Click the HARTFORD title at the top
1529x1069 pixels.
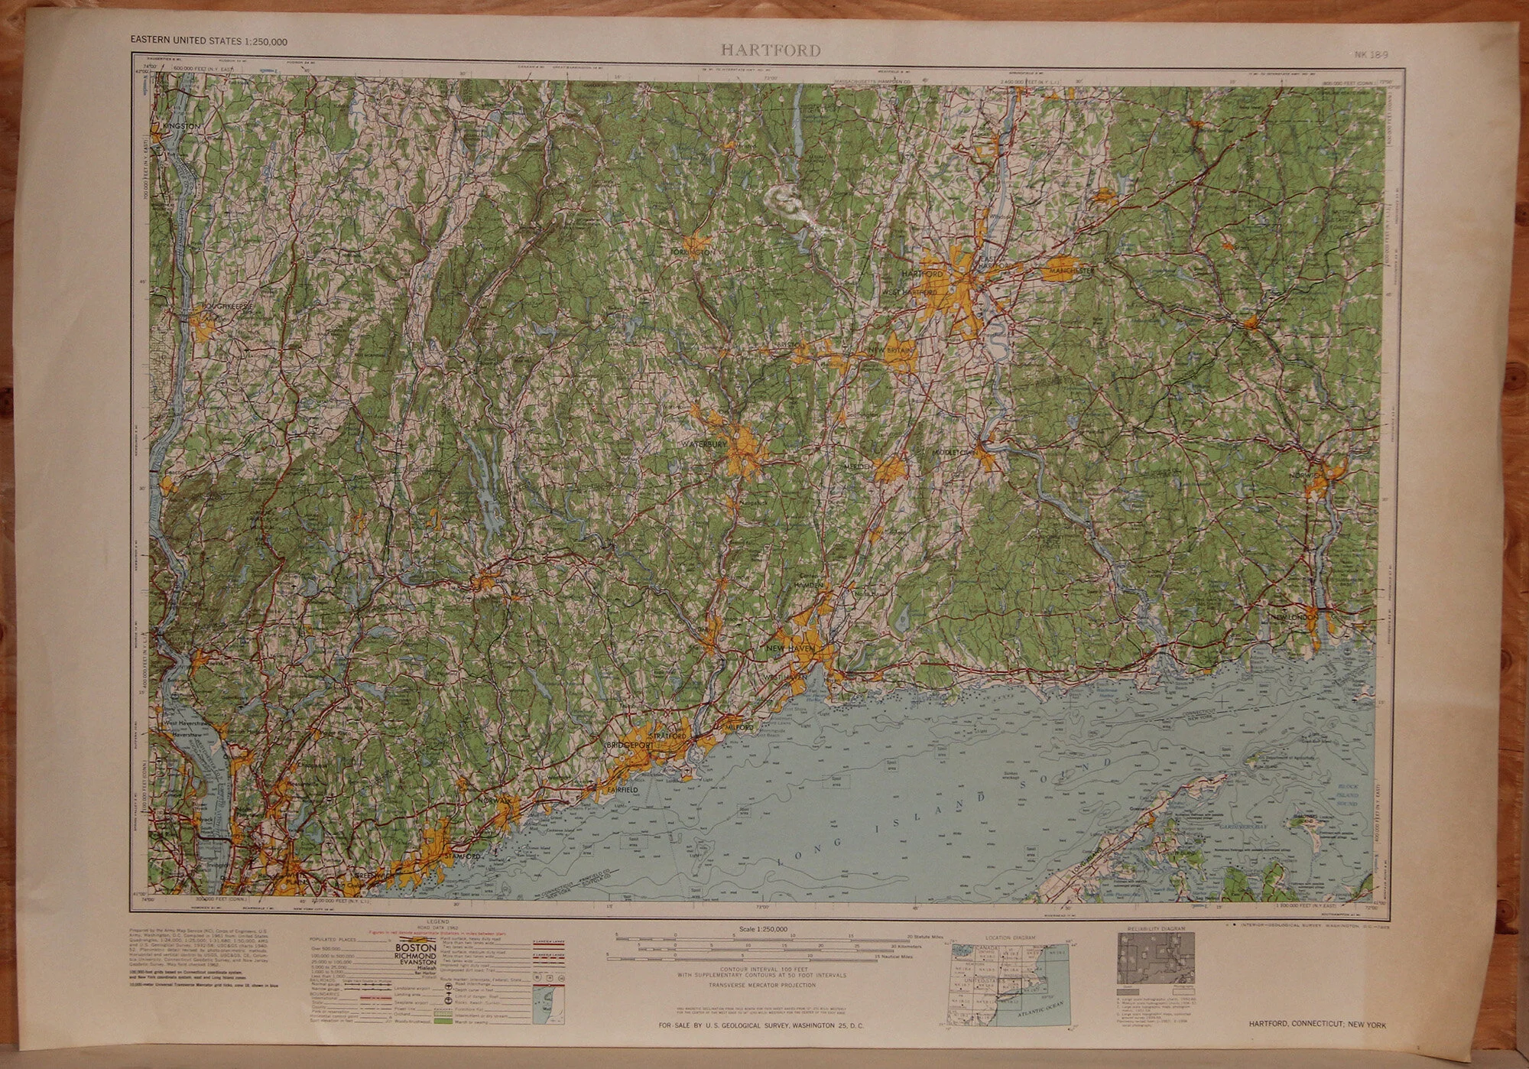(x=771, y=51)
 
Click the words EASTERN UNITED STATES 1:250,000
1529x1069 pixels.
(x=209, y=41)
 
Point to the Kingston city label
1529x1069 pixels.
(x=181, y=125)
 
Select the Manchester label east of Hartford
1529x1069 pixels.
(x=1072, y=271)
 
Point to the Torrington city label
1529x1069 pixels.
(x=692, y=251)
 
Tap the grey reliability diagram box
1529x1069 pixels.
(x=1155, y=957)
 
